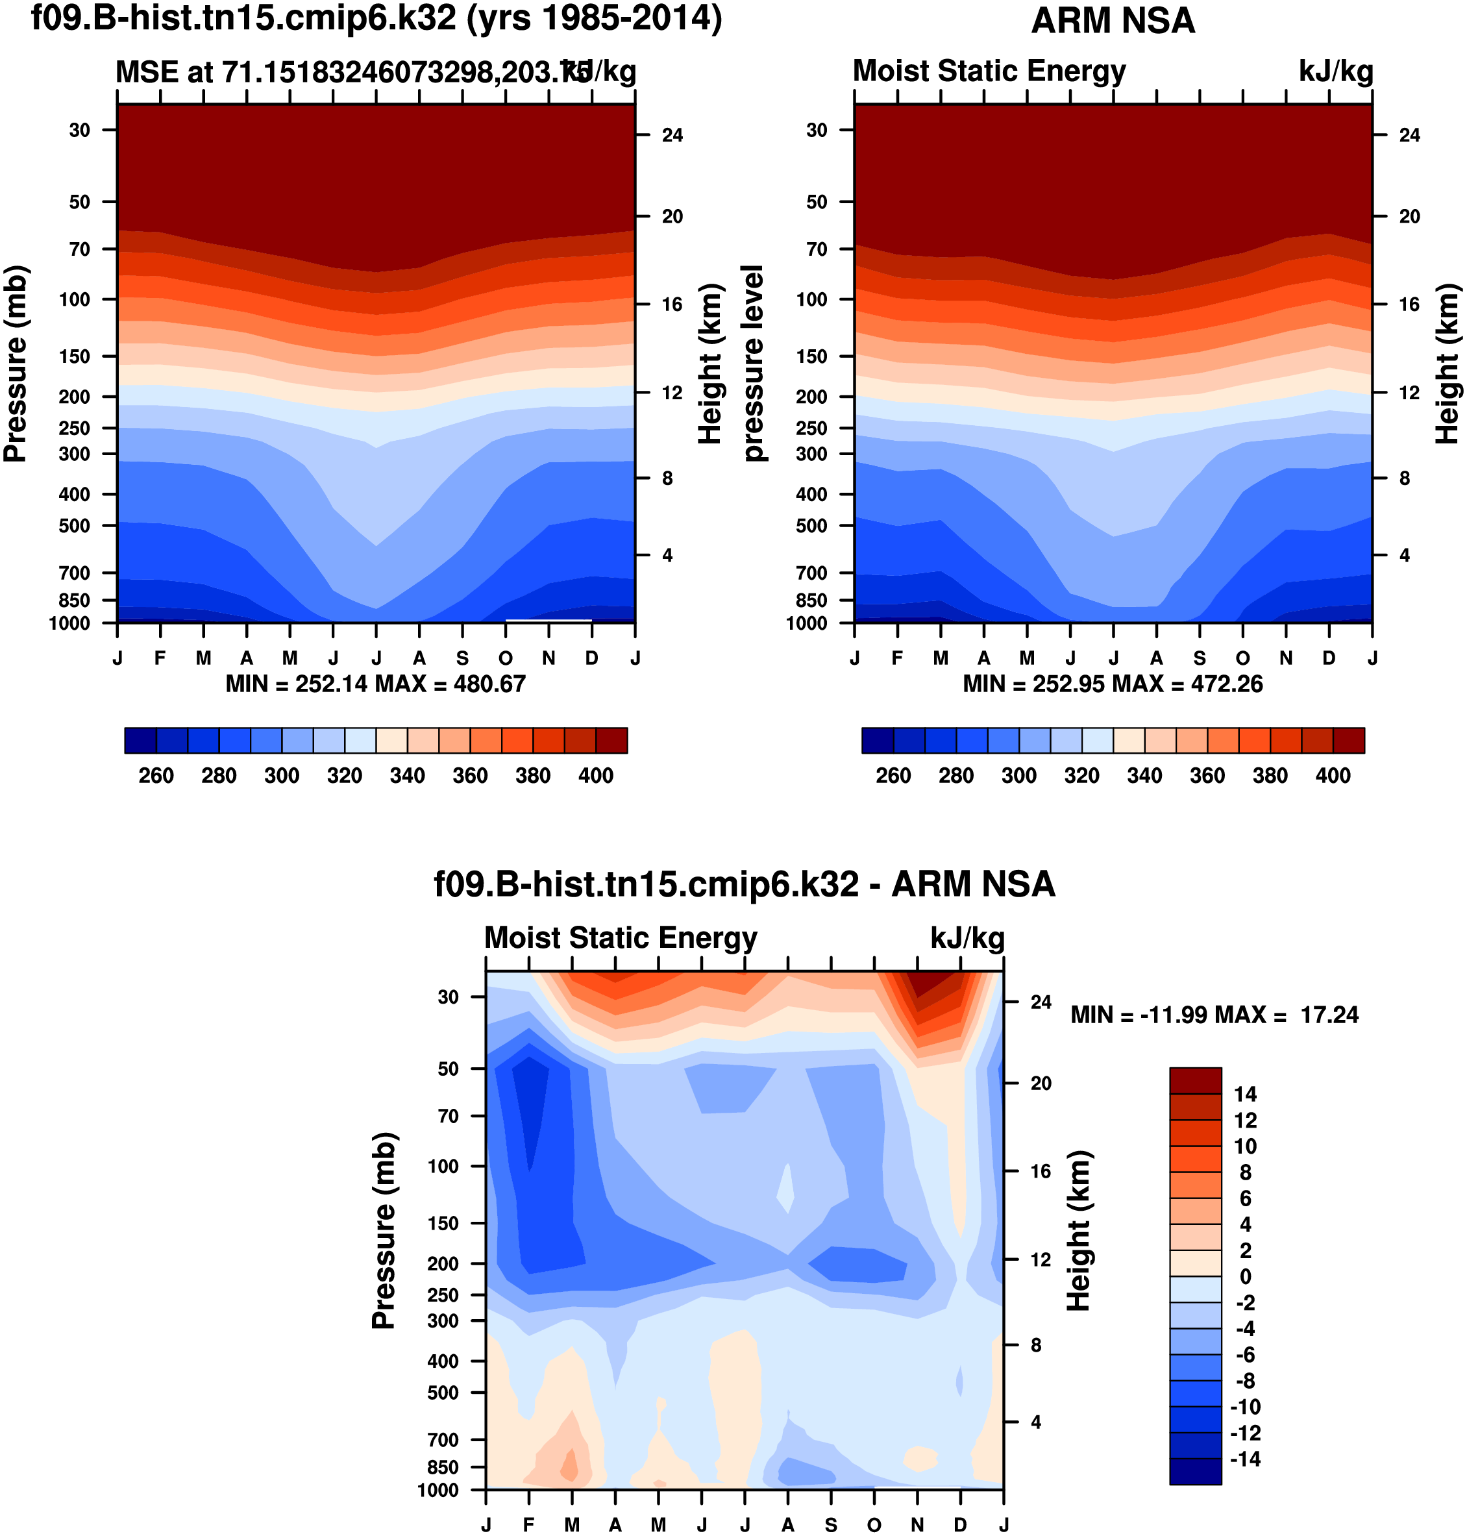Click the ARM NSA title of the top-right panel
coord(1113,21)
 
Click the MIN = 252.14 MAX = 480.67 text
coord(375,684)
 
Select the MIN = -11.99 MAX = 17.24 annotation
coord(1214,1015)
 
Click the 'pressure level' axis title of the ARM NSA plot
coord(752,363)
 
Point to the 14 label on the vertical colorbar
coord(1245,1094)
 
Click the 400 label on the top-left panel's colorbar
coord(596,776)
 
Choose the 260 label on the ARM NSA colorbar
coord(893,776)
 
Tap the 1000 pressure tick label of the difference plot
coord(438,1490)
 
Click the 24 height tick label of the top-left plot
coord(672,135)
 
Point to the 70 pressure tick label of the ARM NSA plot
coord(817,249)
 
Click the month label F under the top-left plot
coord(160,658)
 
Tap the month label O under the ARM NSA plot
coord(1242,658)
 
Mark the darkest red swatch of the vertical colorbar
coord(1195,1080)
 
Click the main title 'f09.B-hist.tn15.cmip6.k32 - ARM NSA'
coord(745,884)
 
